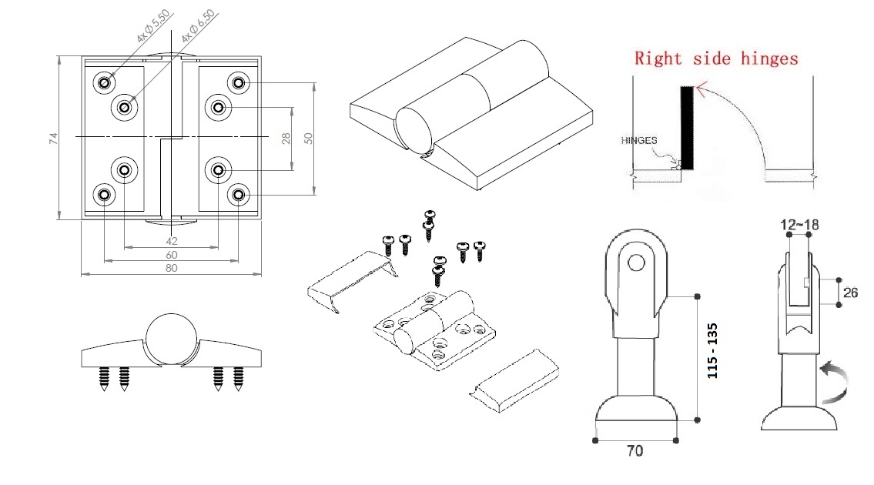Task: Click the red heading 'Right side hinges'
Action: (715, 57)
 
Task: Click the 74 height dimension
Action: (53, 139)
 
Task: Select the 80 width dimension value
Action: (171, 268)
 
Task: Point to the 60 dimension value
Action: (171, 255)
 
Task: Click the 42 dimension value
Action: (171, 241)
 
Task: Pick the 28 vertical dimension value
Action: (286, 139)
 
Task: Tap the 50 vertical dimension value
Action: (308, 138)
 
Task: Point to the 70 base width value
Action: (635, 450)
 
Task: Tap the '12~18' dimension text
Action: (799, 223)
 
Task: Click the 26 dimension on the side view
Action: (851, 292)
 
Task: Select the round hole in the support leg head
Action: (636, 263)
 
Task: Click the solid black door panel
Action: (687, 128)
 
